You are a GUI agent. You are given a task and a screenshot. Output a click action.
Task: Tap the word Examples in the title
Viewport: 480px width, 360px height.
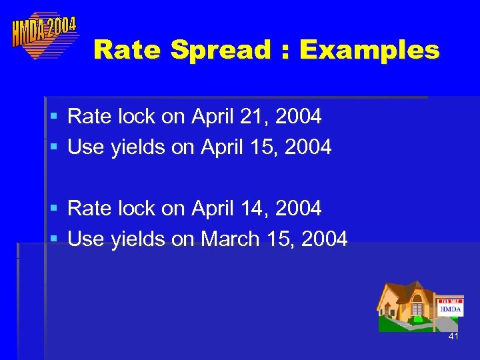click(369, 49)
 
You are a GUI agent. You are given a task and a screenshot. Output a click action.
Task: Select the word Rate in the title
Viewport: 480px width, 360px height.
click(128, 49)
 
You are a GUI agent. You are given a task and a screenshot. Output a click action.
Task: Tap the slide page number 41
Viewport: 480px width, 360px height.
click(453, 337)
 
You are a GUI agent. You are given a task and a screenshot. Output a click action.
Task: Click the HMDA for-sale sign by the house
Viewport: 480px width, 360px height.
click(450, 307)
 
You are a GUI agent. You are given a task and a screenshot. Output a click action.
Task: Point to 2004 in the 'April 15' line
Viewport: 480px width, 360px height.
click(308, 147)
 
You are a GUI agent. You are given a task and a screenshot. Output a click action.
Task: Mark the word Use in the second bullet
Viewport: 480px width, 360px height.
click(85, 147)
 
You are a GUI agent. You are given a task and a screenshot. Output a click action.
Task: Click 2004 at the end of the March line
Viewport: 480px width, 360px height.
click(324, 239)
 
